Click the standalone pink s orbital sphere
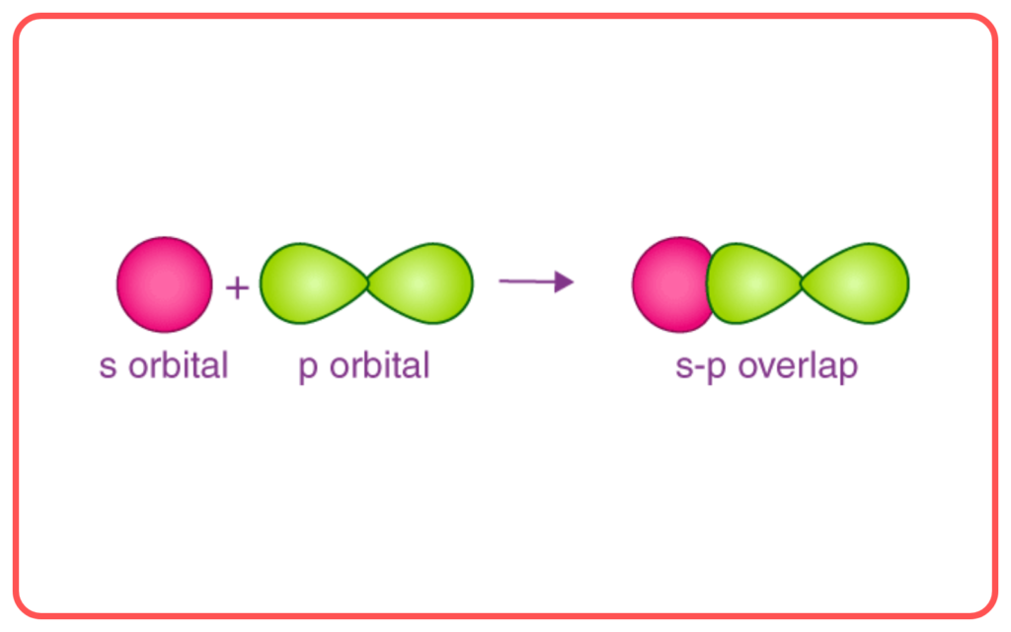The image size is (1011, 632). pyautogui.click(x=165, y=284)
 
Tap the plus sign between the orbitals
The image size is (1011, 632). pyautogui.click(x=237, y=287)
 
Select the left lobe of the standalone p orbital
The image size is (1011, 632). pyautogui.click(x=313, y=283)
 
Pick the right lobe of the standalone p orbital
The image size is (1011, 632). pyautogui.click(x=421, y=283)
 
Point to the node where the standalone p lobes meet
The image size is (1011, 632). pyautogui.click(x=367, y=283)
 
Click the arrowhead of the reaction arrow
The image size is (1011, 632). pyautogui.click(x=564, y=281)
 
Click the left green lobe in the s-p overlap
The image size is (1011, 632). pyautogui.click(x=753, y=283)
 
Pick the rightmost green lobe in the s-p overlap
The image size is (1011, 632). pyautogui.click(x=855, y=283)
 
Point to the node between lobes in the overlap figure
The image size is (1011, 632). pyautogui.click(x=802, y=283)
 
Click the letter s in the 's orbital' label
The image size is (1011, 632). pyautogui.click(x=108, y=368)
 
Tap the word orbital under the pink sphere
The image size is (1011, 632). pyautogui.click(x=178, y=365)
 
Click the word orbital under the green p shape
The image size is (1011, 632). pyautogui.click(x=379, y=365)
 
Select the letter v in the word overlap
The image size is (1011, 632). pyautogui.click(x=771, y=368)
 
